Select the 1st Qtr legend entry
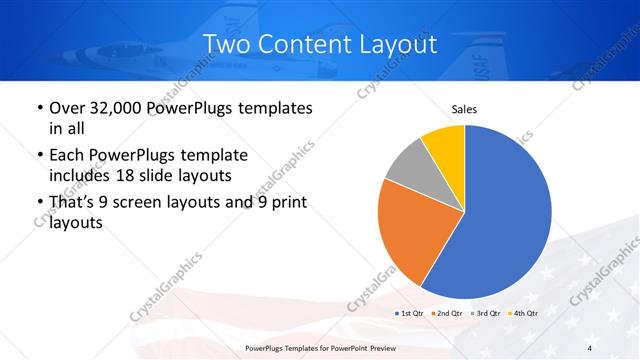[x=410, y=313]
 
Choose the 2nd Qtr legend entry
[x=446, y=313]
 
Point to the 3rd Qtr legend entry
[x=484, y=313]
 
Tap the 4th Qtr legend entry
[x=522, y=313]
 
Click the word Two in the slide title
[x=223, y=44]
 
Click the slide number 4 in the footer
[x=589, y=347]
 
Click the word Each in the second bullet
[x=67, y=155]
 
